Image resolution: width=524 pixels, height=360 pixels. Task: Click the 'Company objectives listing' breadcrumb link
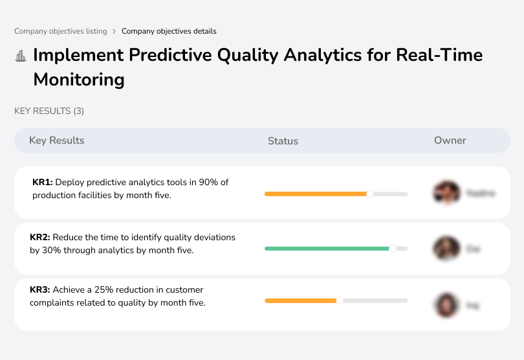click(61, 31)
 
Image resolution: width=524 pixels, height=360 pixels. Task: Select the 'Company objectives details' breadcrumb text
click(169, 31)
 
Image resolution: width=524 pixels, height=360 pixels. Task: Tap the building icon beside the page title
click(21, 56)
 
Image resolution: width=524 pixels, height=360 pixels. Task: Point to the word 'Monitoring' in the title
click(78, 80)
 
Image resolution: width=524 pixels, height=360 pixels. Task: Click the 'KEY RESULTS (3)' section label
click(49, 111)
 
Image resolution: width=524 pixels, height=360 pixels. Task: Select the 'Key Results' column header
click(57, 141)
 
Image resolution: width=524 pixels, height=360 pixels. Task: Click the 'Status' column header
click(283, 141)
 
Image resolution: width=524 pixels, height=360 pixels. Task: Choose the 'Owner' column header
click(450, 141)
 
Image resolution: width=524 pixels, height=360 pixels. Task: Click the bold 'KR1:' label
click(42, 183)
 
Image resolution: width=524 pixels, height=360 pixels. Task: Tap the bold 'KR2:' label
click(40, 238)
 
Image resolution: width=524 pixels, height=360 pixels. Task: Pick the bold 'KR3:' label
click(40, 290)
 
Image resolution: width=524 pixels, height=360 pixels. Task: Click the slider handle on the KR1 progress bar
click(370, 194)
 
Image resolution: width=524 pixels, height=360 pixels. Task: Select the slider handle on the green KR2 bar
click(392, 248)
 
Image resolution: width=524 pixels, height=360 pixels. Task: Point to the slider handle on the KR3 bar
click(340, 300)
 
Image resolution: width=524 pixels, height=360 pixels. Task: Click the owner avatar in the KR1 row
click(447, 193)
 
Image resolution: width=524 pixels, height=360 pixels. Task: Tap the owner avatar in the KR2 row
click(447, 249)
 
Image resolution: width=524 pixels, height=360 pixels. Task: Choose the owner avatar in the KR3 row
click(446, 304)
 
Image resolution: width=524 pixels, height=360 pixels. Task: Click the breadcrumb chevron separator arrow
click(115, 31)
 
